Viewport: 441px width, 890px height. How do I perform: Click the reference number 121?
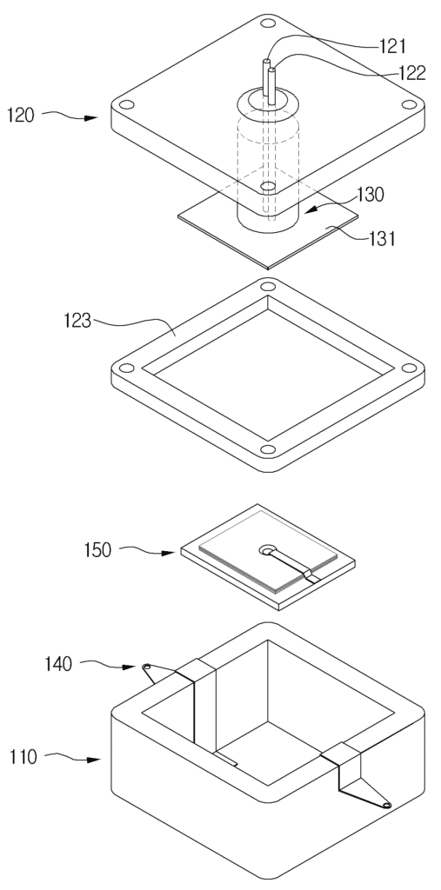pos(392,47)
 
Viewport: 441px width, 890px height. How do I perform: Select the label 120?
pos(21,116)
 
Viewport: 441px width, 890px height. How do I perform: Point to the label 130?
pos(371,195)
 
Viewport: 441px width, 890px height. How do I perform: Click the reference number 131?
pos(379,238)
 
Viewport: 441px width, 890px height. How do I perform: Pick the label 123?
pos(77,321)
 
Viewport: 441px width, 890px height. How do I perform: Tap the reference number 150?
pos(97,550)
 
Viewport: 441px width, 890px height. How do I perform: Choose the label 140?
pos(58,663)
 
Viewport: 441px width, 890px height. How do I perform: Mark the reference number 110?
pos(23,757)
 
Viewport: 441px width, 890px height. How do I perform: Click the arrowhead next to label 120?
pos(90,118)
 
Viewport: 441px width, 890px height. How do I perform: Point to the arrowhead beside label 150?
pos(168,552)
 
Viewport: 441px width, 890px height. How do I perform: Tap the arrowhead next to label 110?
pos(93,759)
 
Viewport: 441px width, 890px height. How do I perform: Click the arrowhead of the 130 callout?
pos(311,210)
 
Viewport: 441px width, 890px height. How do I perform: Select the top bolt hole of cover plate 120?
pos(268,23)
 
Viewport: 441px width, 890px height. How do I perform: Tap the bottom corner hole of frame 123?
pos(268,450)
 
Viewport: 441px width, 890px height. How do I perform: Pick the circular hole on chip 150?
pos(266,549)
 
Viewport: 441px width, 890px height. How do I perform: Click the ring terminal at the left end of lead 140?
pos(147,667)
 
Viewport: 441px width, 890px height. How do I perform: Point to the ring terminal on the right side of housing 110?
pos(387,805)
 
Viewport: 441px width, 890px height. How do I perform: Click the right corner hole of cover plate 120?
pos(409,104)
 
